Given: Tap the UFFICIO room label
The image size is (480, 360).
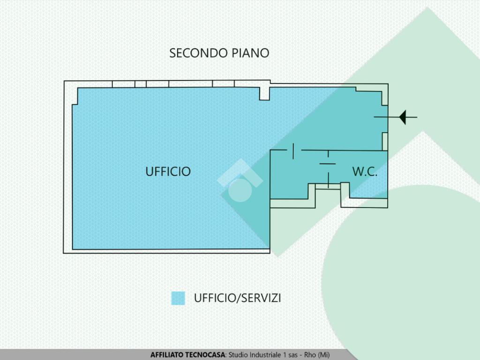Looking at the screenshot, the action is [x=168, y=172].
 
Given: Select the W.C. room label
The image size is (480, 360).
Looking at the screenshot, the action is [x=365, y=172].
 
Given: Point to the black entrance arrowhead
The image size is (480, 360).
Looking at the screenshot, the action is [x=402, y=117].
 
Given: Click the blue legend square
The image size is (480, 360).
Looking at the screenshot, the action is [x=178, y=298].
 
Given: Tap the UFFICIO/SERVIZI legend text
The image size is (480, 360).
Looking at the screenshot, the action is [x=237, y=298].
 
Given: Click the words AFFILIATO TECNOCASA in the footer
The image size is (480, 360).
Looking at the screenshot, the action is [x=188, y=355].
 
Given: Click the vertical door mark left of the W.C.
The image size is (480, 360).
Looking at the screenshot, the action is [x=293, y=151].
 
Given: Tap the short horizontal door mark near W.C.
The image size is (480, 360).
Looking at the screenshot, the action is [x=328, y=163].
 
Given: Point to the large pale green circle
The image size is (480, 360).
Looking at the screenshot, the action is [x=403, y=272].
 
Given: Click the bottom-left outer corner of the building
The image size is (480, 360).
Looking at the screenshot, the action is [x=65, y=253].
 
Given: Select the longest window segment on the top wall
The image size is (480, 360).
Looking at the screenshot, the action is [x=190, y=84].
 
